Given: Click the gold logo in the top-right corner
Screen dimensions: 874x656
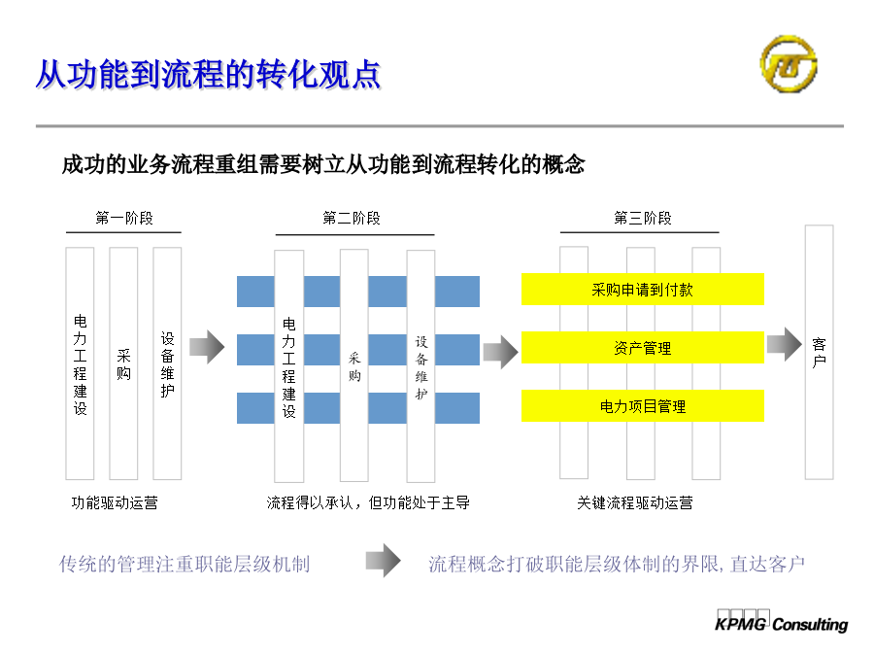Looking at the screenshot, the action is [x=789, y=63].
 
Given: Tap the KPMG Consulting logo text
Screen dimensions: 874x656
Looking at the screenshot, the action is [x=781, y=623].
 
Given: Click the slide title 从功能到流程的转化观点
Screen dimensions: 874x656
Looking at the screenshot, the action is [x=208, y=75].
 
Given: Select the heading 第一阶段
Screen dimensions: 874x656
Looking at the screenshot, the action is [x=123, y=218].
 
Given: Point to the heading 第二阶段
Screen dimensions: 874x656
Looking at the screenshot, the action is [x=352, y=218].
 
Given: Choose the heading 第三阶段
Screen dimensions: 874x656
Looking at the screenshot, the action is [x=643, y=218].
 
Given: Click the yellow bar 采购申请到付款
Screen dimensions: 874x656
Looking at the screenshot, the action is [x=643, y=290].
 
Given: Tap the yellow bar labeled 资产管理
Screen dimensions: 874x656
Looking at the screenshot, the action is [x=643, y=348].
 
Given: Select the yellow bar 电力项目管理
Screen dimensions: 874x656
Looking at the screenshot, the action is [x=643, y=406].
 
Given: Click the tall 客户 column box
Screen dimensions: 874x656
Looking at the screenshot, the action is [x=819, y=352].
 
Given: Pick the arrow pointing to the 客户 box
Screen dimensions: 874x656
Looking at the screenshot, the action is [x=785, y=344].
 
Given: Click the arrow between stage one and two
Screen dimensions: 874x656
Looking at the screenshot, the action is [x=207, y=347].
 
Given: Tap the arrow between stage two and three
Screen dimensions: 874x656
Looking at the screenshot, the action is [x=500, y=352].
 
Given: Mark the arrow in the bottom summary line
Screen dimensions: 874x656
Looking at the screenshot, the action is [x=384, y=561].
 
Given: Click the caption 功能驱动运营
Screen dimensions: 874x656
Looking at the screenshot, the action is [x=115, y=503].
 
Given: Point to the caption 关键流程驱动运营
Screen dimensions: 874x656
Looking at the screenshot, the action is [x=635, y=503].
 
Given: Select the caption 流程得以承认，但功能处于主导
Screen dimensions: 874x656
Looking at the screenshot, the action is [x=368, y=503].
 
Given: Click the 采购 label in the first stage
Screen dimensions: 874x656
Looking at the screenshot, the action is [x=123, y=364].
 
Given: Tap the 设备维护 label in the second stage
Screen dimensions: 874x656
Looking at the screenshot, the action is [x=421, y=367].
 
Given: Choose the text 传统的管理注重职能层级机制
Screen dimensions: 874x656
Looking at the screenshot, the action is [x=185, y=564].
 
